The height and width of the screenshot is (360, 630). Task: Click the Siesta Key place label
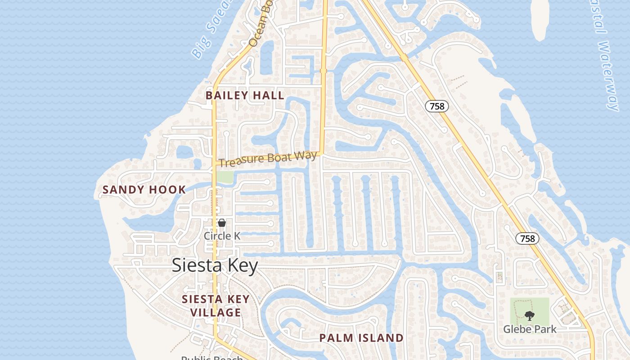point(215,265)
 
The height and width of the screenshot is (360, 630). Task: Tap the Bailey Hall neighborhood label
point(245,95)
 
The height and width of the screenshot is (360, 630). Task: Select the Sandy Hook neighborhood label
point(144,189)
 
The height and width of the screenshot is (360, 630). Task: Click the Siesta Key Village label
point(215,306)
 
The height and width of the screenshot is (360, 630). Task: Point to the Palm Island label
point(361,338)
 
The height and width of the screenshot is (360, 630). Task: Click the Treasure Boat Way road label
point(269,159)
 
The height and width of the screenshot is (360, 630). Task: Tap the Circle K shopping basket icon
point(222,223)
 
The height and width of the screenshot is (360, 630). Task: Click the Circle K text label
point(222,236)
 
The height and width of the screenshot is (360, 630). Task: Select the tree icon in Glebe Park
point(530,316)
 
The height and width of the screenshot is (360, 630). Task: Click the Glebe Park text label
point(530,329)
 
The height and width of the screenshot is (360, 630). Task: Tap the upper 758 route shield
point(436,106)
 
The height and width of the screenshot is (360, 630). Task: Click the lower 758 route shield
point(527,238)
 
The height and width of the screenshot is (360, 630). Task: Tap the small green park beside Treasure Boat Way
point(225,177)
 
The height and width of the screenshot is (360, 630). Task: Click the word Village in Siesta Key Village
point(215,312)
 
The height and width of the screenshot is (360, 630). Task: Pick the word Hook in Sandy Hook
point(168,189)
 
